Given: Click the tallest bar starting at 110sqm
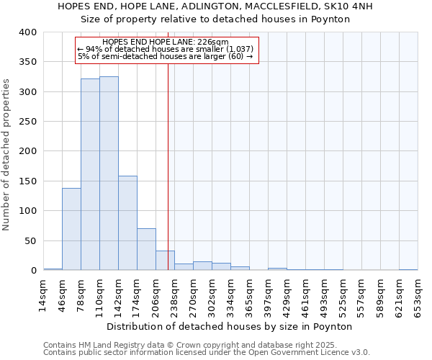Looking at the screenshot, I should click(109, 173).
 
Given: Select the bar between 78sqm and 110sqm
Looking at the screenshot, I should click(90, 174).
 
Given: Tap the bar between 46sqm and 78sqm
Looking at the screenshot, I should click(71, 229).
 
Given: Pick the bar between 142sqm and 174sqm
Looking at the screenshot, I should click(127, 222).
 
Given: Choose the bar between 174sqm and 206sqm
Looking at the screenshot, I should click(146, 249).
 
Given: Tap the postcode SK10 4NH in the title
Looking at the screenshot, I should click(348, 6).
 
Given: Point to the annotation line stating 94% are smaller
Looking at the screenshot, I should click(165, 49).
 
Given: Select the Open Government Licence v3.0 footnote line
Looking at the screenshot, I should click(207, 352).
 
